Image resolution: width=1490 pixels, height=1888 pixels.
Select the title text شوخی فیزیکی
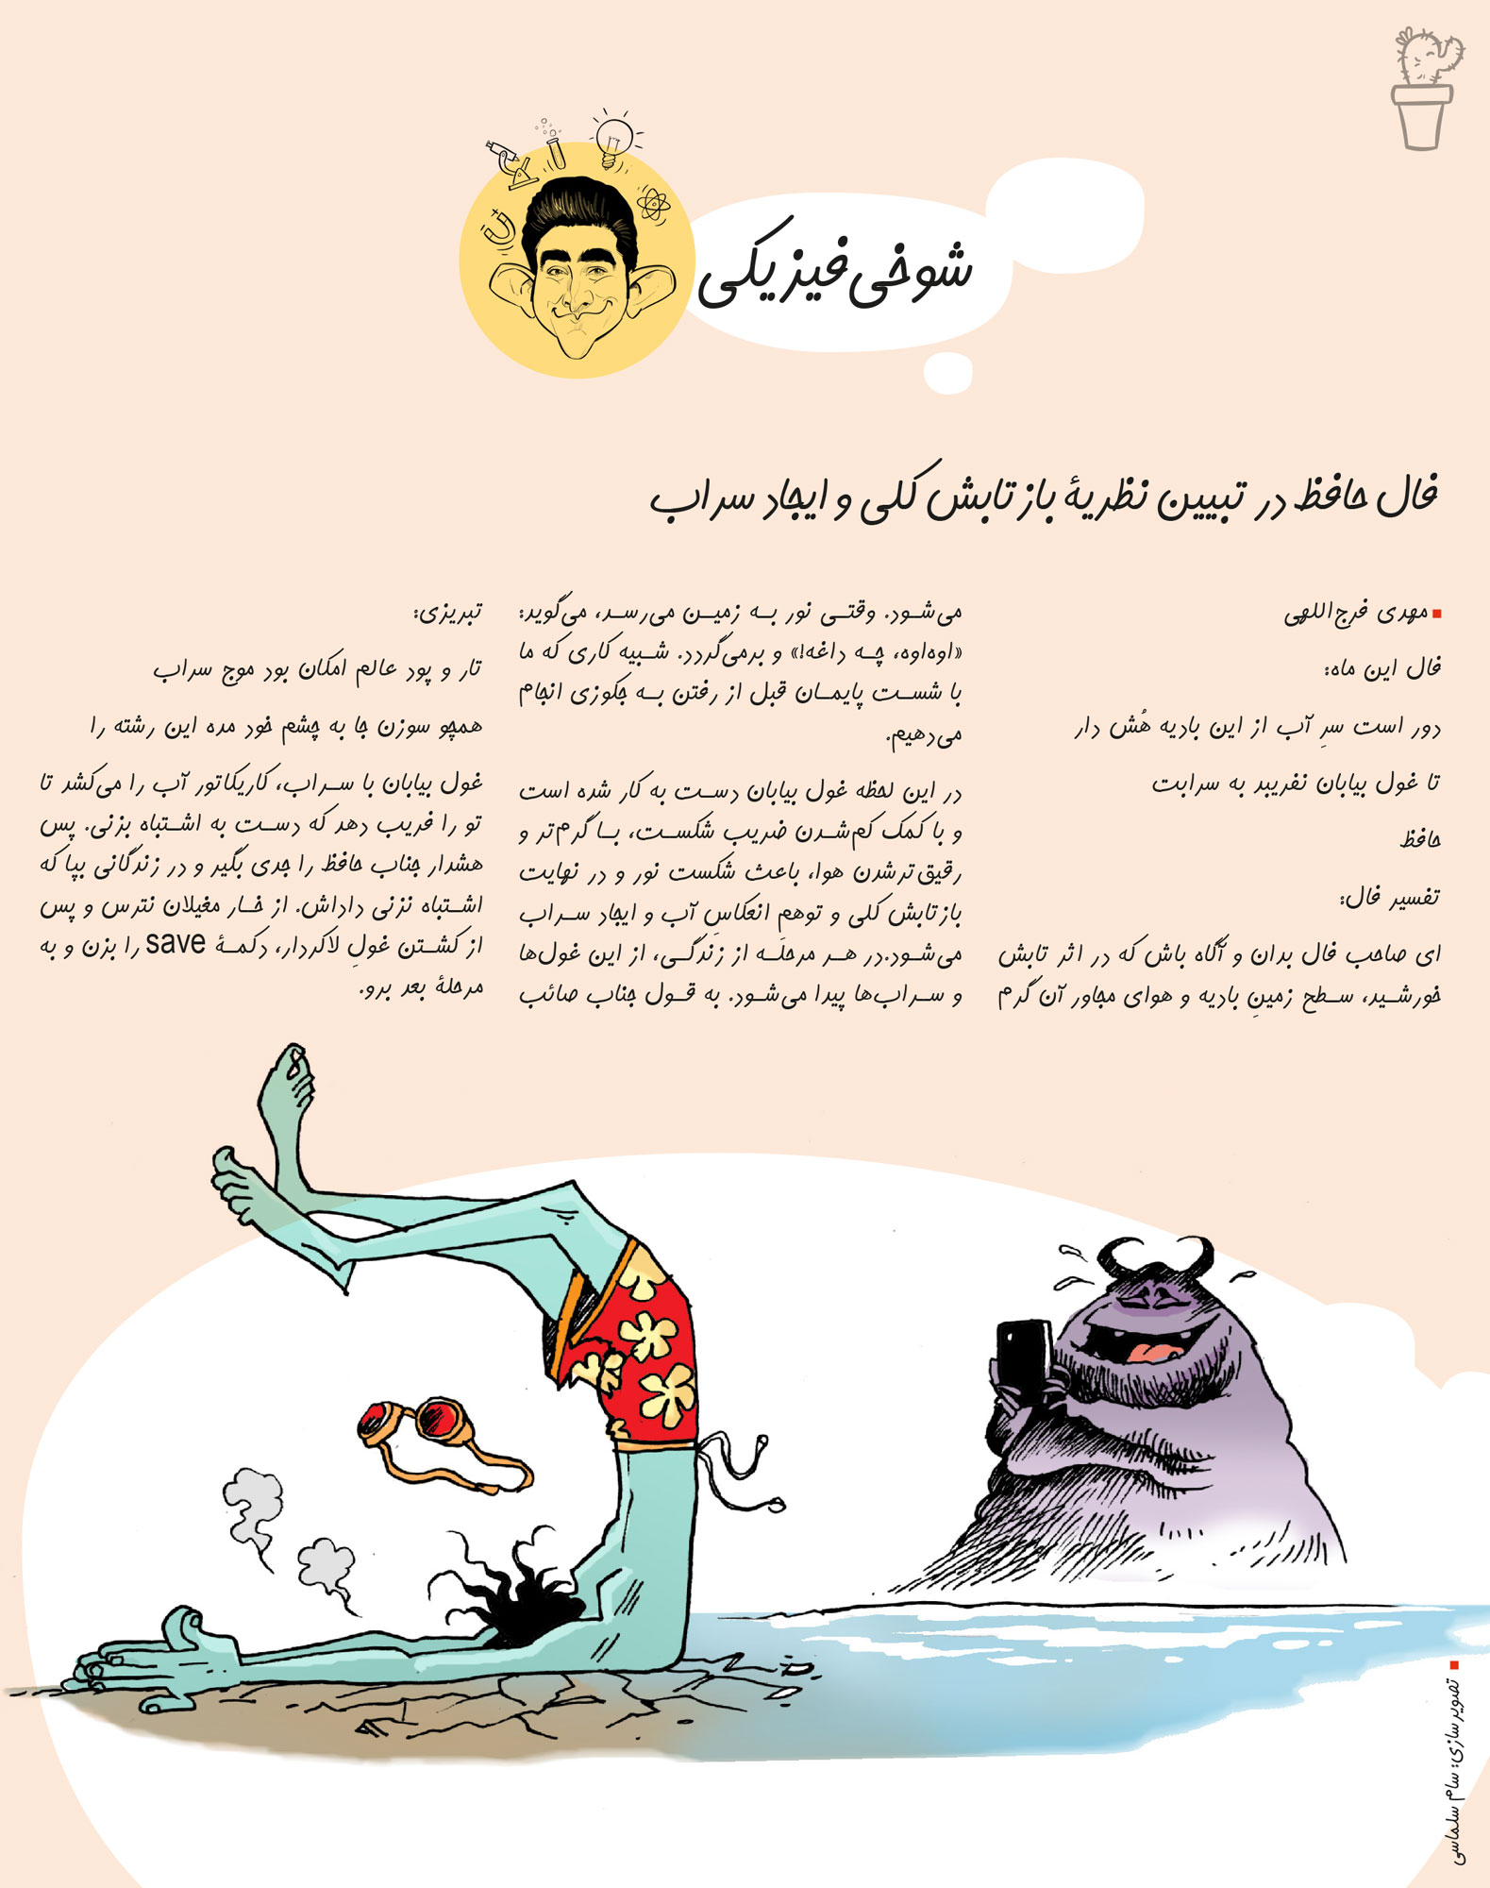[836, 275]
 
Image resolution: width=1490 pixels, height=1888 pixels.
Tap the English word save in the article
[176, 943]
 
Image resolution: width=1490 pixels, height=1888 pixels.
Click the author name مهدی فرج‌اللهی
[1355, 614]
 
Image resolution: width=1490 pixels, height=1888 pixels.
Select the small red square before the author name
[1436, 615]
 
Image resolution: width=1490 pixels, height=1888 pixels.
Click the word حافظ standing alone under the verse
[1420, 838]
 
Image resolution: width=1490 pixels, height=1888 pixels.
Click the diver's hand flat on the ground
[142, 1657]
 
